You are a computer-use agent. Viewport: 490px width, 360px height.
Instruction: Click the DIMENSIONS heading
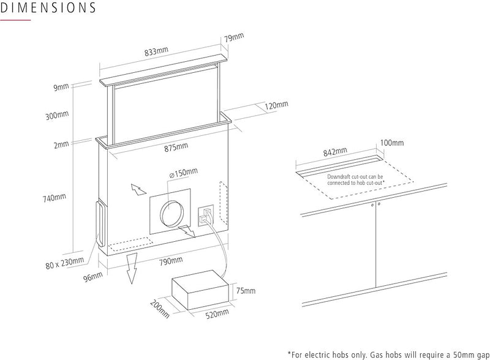[48, 9]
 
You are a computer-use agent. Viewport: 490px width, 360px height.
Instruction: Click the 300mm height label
[58, 115]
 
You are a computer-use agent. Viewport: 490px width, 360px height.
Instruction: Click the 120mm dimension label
[277, 105]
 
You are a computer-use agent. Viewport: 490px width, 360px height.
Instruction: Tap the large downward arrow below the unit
[130, 271]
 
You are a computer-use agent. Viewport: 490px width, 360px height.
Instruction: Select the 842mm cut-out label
[334, 149]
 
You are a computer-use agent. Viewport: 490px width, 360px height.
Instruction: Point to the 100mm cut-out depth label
[392, 143]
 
